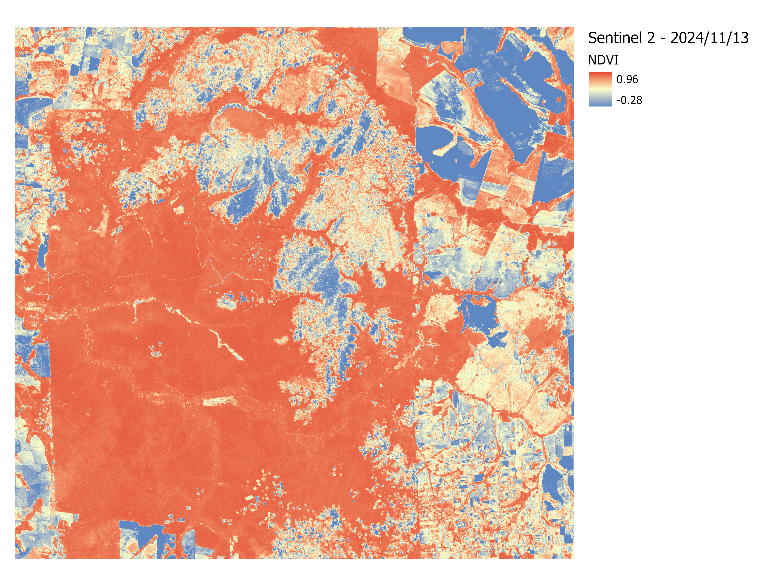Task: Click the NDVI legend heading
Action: click(603, 60)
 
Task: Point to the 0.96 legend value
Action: click(627, 80)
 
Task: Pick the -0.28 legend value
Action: click(629, 100)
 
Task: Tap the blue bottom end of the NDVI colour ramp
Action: click(600, 103)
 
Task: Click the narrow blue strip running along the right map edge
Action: click(571, 364)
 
